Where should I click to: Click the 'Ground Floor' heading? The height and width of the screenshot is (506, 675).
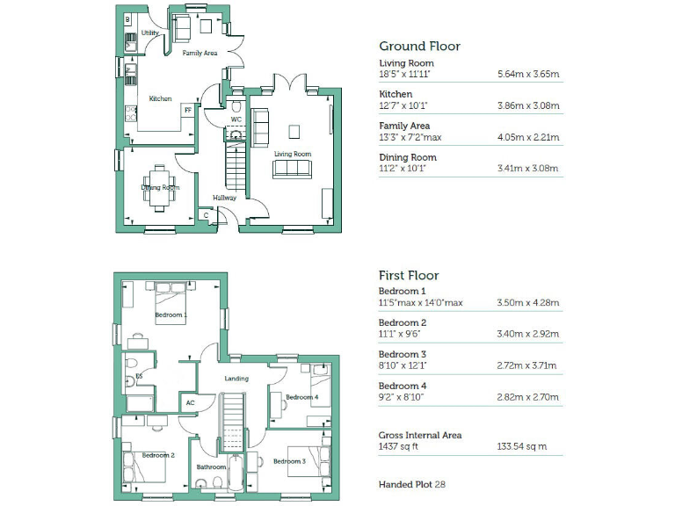pyautogui.click(x=419, y=47)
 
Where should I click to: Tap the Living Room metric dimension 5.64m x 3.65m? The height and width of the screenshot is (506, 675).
pyautogui.click(x=528, y=75)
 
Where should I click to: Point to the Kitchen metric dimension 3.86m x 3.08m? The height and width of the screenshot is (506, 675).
pyautogui.click(x=528, y=106)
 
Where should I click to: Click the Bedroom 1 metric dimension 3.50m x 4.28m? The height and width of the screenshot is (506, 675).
pyautogui.click(x=528, y=303)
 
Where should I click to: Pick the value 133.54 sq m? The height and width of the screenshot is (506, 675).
pyautogui.click(x=522, y=447)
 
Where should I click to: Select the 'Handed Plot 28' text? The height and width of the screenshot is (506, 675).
pyautogui.click(x=412, y=484)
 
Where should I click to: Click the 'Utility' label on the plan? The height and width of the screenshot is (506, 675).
pyautogui.click(x=149, y=33)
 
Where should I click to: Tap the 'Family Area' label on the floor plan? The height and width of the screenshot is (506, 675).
pyautogui.click(x=200, y=54)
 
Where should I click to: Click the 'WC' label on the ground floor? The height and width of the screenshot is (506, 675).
pyautogui.click(x=236, y=119)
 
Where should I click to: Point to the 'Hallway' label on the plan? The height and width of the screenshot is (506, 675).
pyautogui.click(x=224, y=198)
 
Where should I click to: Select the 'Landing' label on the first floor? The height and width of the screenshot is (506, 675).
pyautogui.click(x=236, y=379)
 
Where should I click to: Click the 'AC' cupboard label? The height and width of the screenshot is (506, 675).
pyautogui.click(x=189, y=403)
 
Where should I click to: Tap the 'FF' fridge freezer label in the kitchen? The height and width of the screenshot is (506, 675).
pyautogui.click(x=186, y=110)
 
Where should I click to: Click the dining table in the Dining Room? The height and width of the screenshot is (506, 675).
pyautogui.click(x=160, y=187)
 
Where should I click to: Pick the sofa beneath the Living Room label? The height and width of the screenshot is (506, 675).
pyautogui.click(x=292, y=170)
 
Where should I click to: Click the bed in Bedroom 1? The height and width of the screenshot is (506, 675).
pyautogui.click(x=177, y=301)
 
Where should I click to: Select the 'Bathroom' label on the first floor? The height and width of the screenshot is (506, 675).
pyautogui.click(x=211, y=467)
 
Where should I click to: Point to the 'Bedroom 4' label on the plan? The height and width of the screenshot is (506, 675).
pyautogui.click(x=301, y=397)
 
